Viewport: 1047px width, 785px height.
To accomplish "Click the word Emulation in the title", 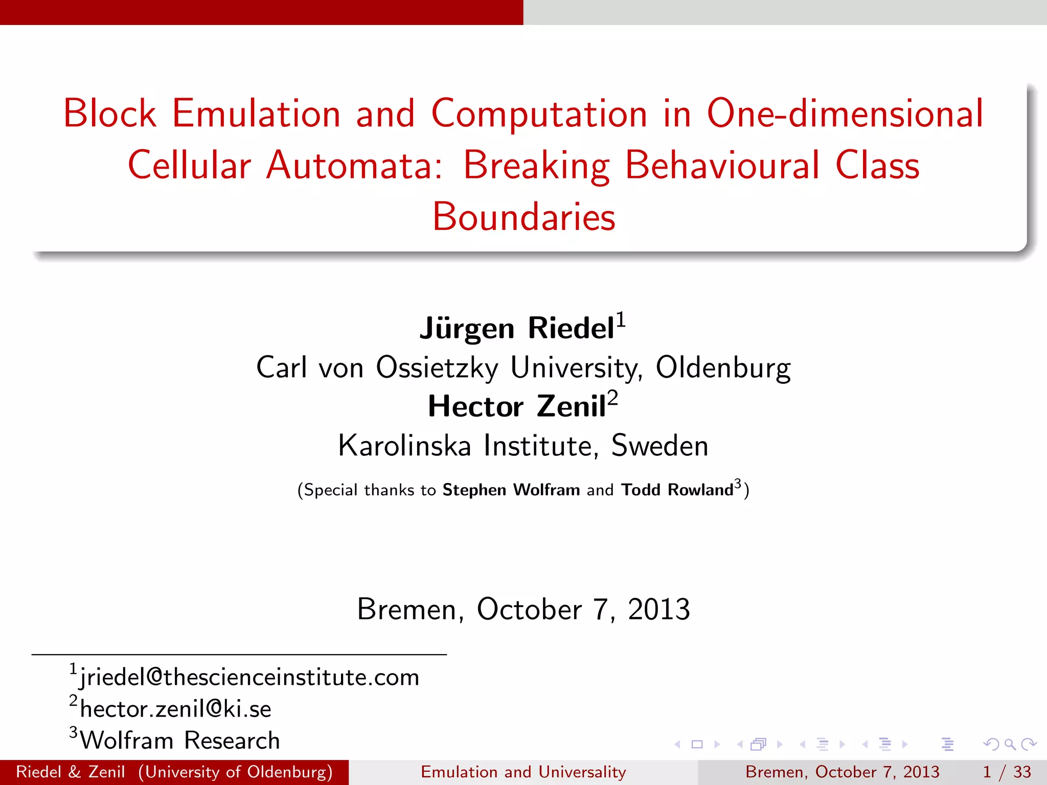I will click(256, 113).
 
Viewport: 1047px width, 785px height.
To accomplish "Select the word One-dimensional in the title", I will click(845, 113).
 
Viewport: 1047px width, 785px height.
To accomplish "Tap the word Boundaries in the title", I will click(523, 217).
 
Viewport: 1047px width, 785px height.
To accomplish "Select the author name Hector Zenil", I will click(516, 407).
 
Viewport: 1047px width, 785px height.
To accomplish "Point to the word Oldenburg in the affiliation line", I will click(723, 368).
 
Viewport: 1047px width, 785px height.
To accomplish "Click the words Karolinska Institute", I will click(465, 446).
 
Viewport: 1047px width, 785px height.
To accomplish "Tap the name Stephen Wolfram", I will click(511, 490).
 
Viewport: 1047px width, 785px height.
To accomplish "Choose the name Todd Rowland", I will click(677, 490).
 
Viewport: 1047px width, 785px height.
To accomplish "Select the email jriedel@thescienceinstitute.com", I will click(249, 678).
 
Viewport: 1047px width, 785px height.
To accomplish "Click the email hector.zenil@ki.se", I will click(175, 709).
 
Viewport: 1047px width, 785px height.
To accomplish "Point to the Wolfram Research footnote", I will click(180, 741).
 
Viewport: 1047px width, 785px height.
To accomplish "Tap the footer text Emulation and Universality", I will click(523, 772).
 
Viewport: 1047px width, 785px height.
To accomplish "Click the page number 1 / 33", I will click(1007, 772).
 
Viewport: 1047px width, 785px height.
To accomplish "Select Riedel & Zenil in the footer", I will click(71, 772).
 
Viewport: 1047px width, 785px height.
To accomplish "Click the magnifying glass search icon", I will click(1010, 744).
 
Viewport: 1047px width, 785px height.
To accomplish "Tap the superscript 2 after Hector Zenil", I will click(612, 398).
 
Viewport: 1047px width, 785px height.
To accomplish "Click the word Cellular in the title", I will click(189, 166).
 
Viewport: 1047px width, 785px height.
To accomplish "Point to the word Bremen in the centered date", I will click(410, 609).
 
